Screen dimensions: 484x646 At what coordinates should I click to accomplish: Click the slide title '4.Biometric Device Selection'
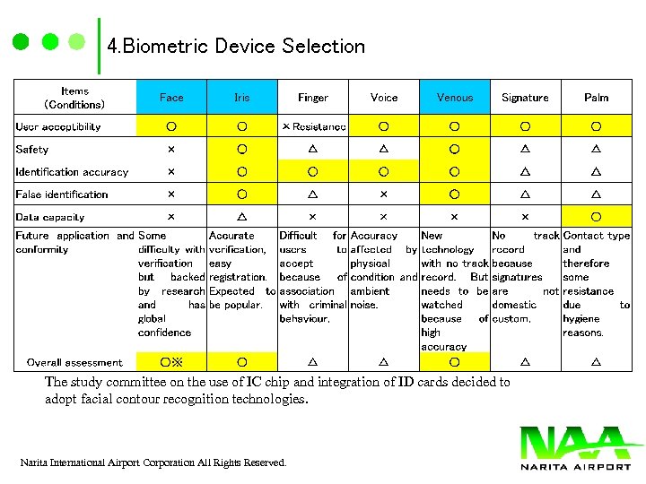pos(236,46)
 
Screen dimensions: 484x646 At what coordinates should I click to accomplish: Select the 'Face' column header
pos(171,98)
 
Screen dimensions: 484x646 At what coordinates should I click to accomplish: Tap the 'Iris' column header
pos(242,98)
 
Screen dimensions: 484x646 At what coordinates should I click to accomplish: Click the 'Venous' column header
pos(455,98)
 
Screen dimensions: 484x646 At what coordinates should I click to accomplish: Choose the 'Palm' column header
pos(596,98)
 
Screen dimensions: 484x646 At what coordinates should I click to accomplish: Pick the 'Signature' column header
pos(525,98)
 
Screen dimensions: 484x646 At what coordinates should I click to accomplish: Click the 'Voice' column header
pos(384,98)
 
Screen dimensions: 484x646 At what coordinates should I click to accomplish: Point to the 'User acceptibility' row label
pos(58,127)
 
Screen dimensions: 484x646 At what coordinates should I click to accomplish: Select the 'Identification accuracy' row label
pos(72,172)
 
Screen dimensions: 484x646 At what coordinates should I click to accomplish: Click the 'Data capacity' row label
pos(50,217)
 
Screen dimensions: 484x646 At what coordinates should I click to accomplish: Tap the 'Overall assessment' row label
pos(74,363)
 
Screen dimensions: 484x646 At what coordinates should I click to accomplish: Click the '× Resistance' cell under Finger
pos(313,127)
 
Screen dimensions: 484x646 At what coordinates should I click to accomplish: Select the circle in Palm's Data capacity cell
pos(596,217)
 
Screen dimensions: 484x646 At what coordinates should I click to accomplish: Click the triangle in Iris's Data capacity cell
pos(242,217)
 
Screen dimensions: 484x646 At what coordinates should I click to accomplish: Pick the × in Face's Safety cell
pos(171,150)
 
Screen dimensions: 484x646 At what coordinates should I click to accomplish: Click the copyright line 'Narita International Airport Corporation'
pos(153,462)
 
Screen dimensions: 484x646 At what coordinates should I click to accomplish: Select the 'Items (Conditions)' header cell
pos(74,98)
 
